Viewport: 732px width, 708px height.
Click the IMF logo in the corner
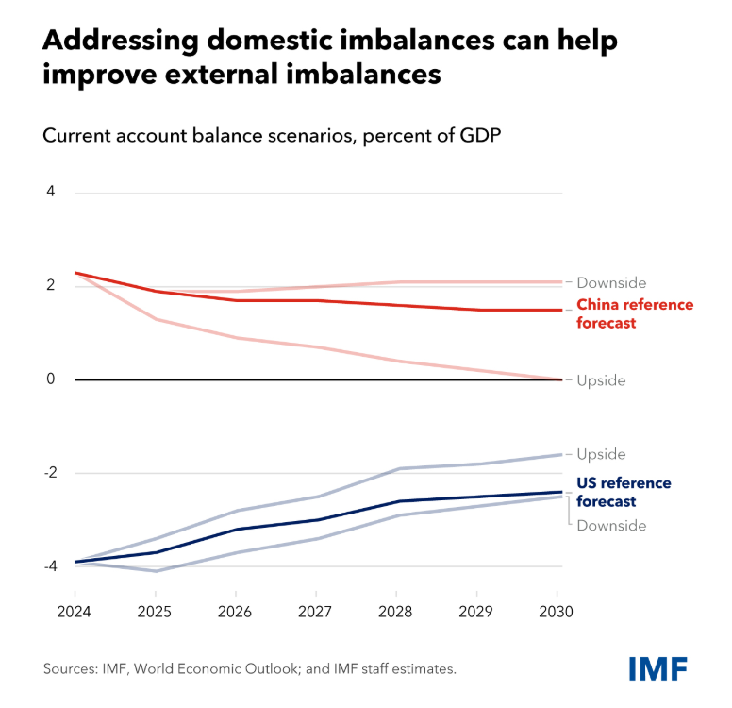point(657,666)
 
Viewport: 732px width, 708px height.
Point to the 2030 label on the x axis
point(556,611)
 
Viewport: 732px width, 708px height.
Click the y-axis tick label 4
point(51,193)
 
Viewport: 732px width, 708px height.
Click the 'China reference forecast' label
point(635,313)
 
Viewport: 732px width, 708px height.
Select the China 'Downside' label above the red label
point(611,282)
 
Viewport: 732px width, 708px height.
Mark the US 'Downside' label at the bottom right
point(611,526)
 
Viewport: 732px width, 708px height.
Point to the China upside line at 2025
point(156,319)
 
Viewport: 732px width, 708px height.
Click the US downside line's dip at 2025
point(156,571)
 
